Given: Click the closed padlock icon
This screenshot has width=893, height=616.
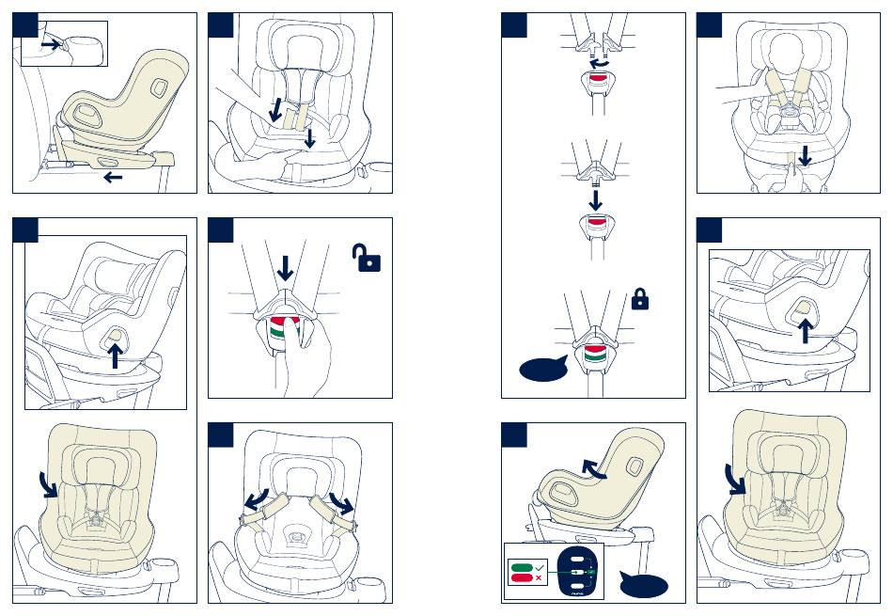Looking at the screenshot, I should click(640, 300).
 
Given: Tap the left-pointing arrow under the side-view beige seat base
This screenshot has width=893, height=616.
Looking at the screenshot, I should click(114, 177).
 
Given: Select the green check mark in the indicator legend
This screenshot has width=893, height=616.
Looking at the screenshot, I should click(538, 567).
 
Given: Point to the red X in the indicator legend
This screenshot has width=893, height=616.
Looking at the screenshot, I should click(538, 578).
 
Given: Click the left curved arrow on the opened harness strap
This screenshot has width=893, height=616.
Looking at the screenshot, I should click(253, 498).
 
